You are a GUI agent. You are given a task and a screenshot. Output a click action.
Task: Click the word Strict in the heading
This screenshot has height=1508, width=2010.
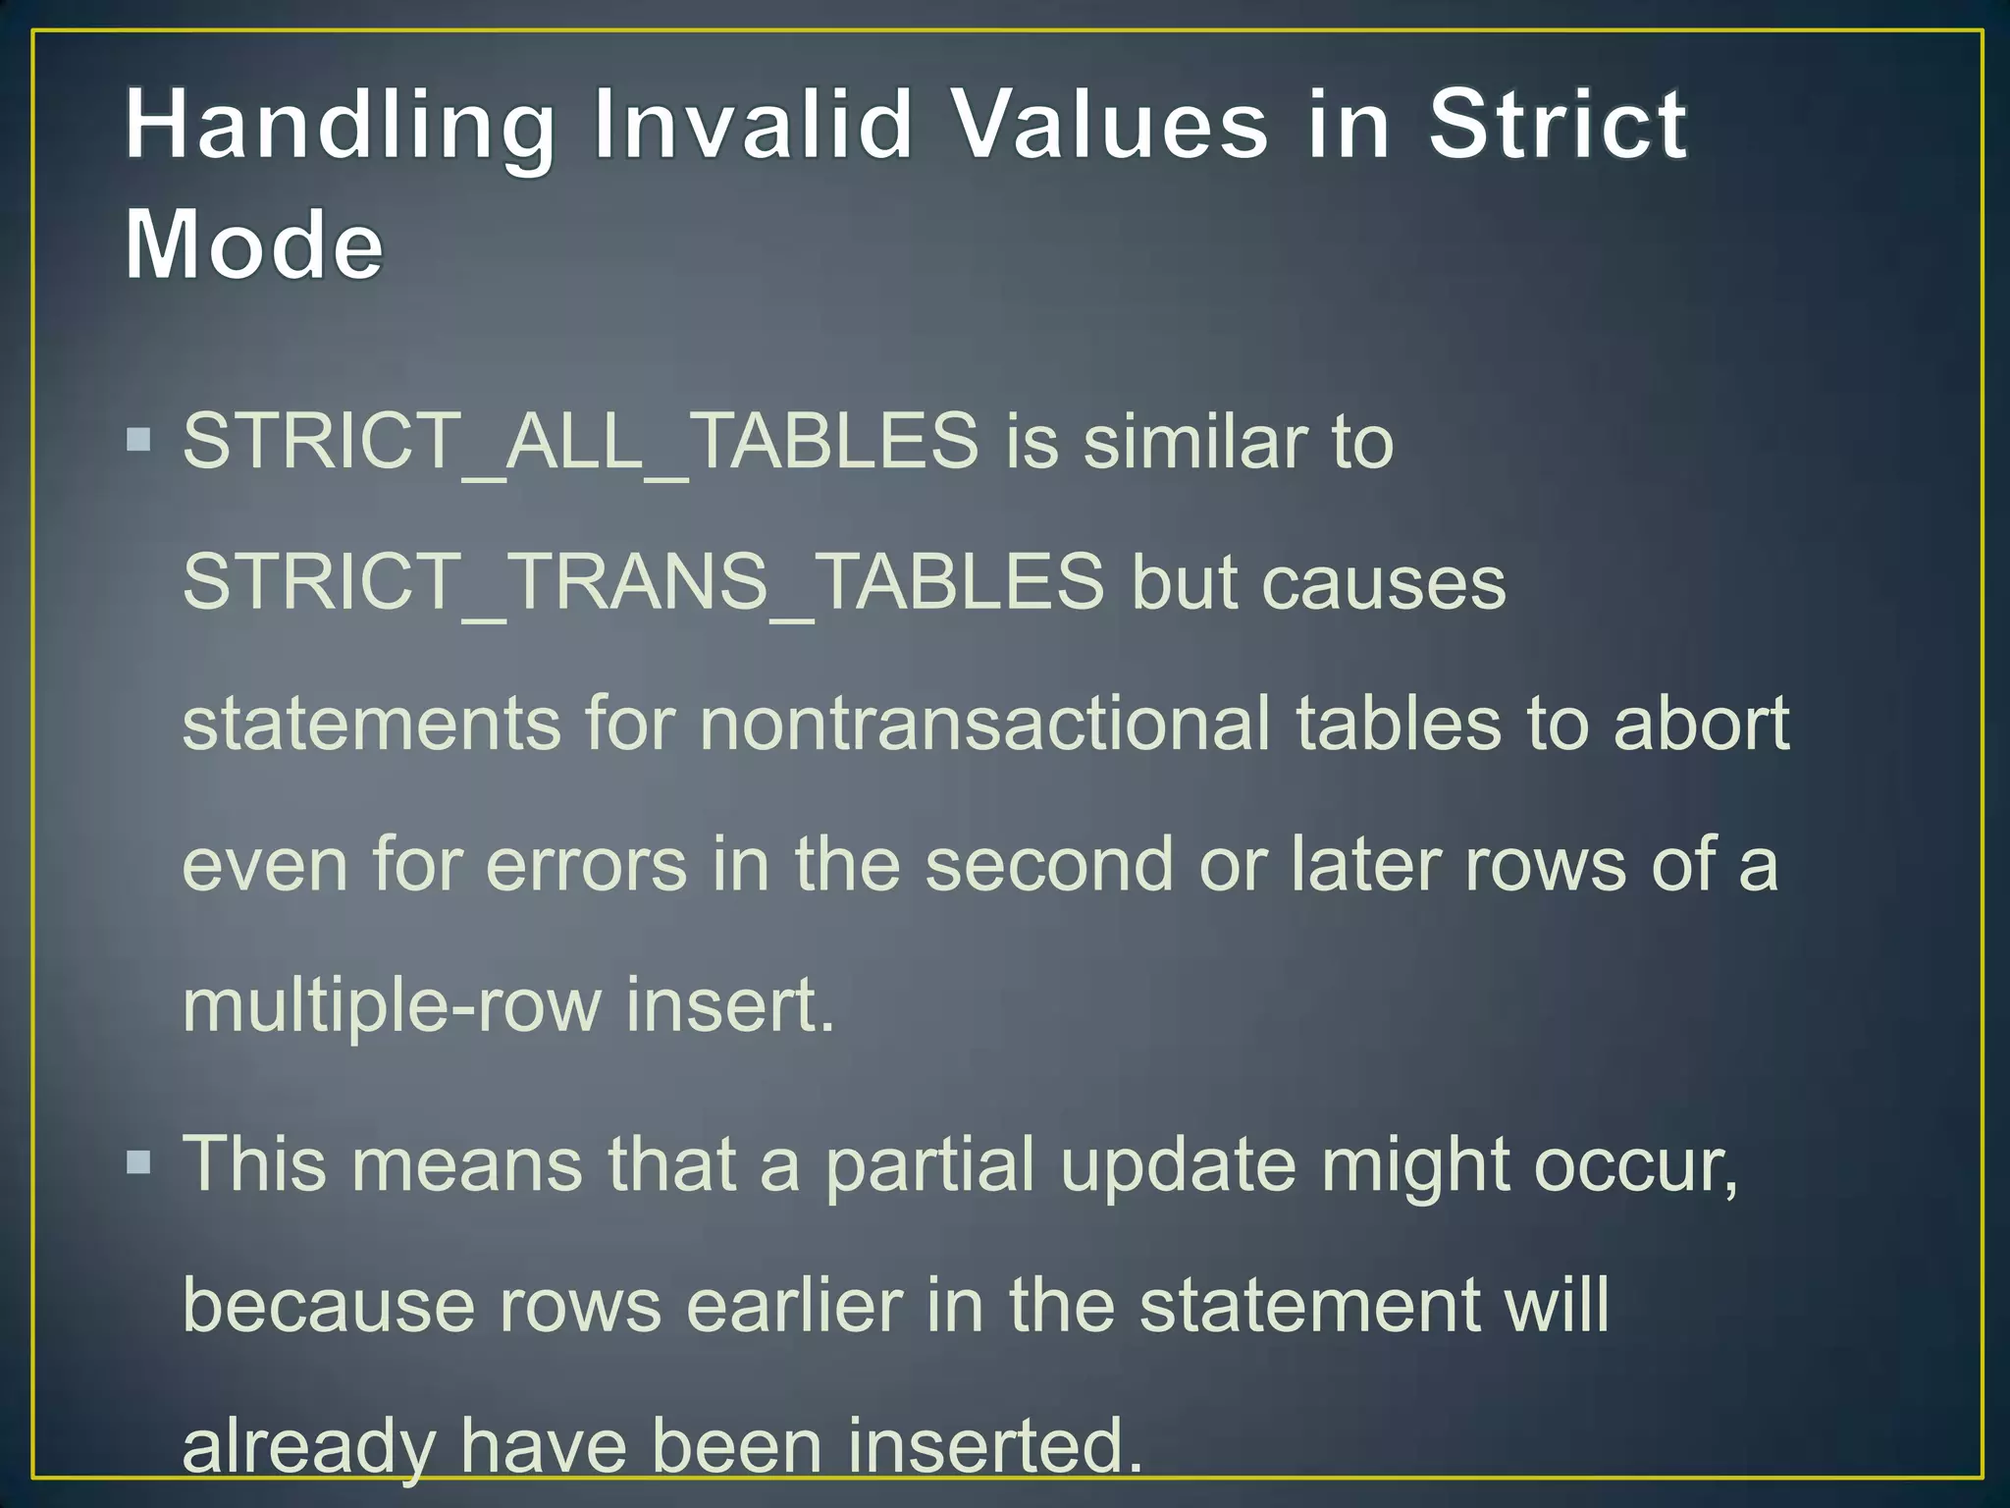pyautogui.click(x=1558, y=124)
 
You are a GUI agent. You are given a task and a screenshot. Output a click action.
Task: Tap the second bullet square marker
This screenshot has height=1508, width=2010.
pyautogui.click(x=139, y=1163)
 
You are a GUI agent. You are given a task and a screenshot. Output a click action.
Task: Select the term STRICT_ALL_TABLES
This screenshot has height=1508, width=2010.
pyautogui.click(x=580, y=441)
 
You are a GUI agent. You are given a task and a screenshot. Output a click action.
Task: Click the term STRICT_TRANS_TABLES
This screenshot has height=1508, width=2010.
pyautogui.click(x=643, y=581)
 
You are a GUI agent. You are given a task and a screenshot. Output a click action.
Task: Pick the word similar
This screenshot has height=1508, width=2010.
pyautogui.click(x=1194, y=441)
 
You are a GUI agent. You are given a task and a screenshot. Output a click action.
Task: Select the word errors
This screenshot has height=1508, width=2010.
pyautogui.click(x=586, y=864)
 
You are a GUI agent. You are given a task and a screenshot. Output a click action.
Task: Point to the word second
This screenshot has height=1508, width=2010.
pyautogui.click(x=1048, y=864)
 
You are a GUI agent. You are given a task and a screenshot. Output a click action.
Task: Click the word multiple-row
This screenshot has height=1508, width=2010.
pyautogui.click(x=392, y=1006)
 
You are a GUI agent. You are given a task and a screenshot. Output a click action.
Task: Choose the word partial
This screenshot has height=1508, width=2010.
pyautogui.click(x=929, y=1165)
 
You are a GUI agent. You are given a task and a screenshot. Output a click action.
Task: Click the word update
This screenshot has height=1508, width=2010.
pyautogui.click(x=1178, y=1165)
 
